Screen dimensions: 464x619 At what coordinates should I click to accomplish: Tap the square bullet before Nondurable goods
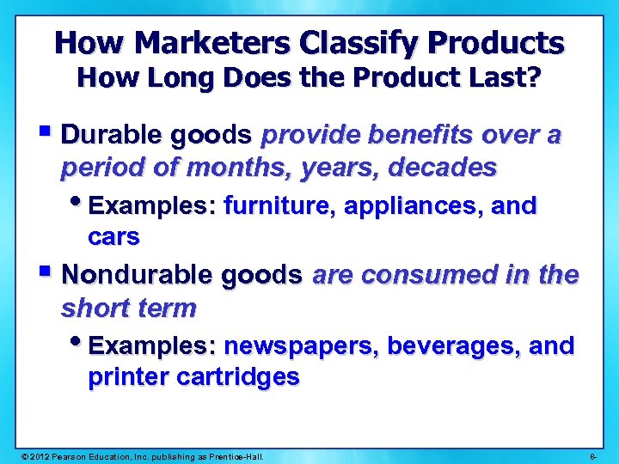[48, 273]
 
